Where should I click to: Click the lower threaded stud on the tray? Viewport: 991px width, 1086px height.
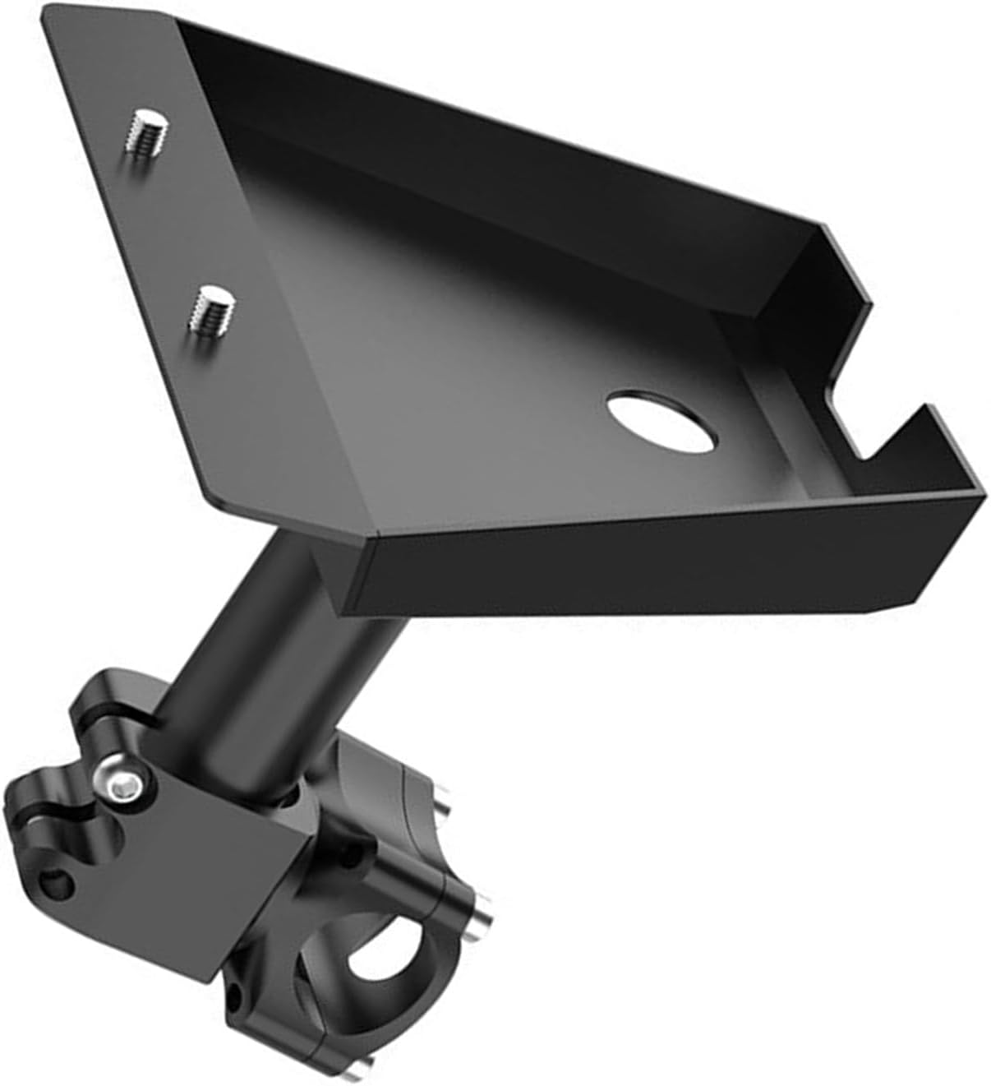pos(211,307)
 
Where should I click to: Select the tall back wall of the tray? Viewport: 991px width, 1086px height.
pos(493,123)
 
